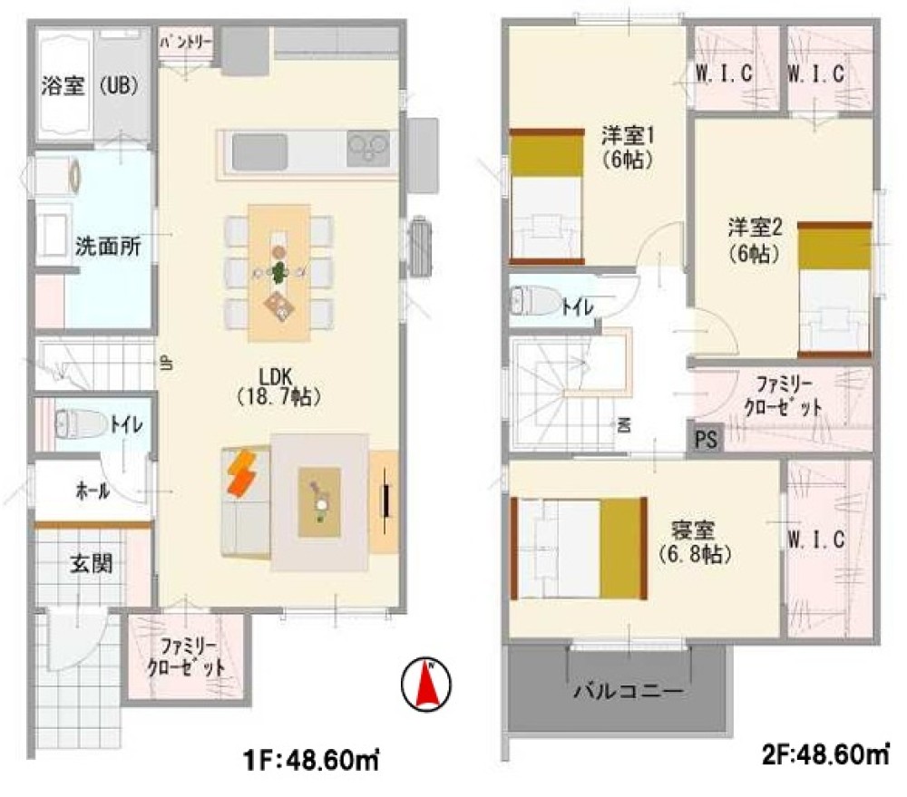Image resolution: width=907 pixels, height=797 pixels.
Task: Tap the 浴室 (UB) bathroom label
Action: click(x=89, y=86)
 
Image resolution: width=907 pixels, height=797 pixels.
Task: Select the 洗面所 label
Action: click(x=107, y=247)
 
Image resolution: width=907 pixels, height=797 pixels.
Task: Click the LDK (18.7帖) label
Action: click(x=278, y=385)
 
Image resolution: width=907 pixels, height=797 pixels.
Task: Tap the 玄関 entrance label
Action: click(x=91, y=564)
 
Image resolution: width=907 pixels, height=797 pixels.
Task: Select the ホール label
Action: click(x=92, y=491)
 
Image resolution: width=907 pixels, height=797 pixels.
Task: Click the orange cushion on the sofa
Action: click(x=242, y=473)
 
